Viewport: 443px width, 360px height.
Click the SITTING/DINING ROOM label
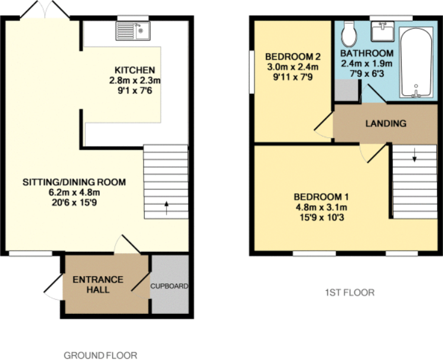pyautogui.click(x=74, y=182)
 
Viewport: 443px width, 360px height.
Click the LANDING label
pyautogui.click(x=385, y=124)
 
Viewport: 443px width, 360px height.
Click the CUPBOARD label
pyautogui.click(x=170, y=286)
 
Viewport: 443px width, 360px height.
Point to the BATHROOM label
pyautogui.click(x=366, y=53)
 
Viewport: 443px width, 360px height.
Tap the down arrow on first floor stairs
pyautogui.click(x=414, y=157)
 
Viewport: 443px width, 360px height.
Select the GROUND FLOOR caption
pyautogui.click(x=100, y=355)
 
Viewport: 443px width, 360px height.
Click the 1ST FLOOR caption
pyautogui.click(x=350, y=293)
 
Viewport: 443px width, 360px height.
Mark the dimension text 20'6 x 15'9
pyautogui.click(x=74, y=202)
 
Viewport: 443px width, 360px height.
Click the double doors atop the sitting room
pyautogui.click(x=44, y=11)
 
